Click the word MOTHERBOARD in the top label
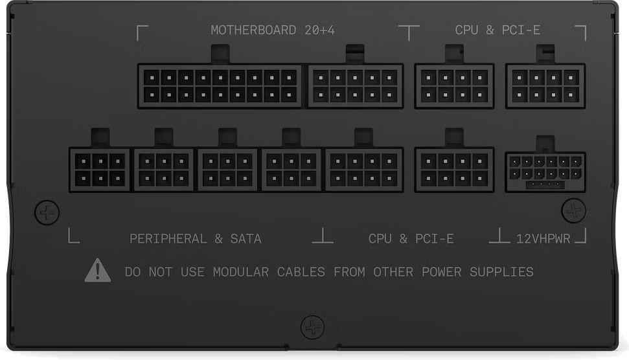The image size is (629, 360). [x=253, y=30]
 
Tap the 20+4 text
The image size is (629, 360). [x=320, y=30]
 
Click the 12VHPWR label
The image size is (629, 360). [x=543, y=239]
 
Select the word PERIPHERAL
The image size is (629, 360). [x=168, y=239]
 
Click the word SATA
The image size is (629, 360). [x=246, y=239]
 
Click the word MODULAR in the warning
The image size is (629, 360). [x=241, y=272]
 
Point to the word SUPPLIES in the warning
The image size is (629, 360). [x=501, y=272]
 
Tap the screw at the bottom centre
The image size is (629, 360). [x=312, y=327]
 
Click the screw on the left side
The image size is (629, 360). [x=47, y=212]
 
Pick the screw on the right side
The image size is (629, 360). [x=574, y=210]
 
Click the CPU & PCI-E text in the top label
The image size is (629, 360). [x=497, y=30]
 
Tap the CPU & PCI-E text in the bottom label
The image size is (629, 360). [x=411, y=239]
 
